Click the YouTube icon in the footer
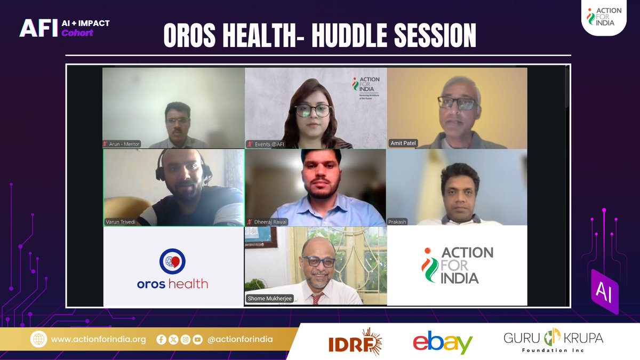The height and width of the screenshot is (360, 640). click(198, 339)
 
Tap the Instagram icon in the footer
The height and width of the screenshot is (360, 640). click(186, 339)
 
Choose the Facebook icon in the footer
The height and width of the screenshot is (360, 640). click(162, 339)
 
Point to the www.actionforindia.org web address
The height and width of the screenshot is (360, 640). click(99, 339)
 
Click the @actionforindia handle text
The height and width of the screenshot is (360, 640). click(241, 339)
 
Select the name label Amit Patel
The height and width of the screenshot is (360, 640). click(403, 143)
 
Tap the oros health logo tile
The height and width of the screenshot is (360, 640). click(173, 267)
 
